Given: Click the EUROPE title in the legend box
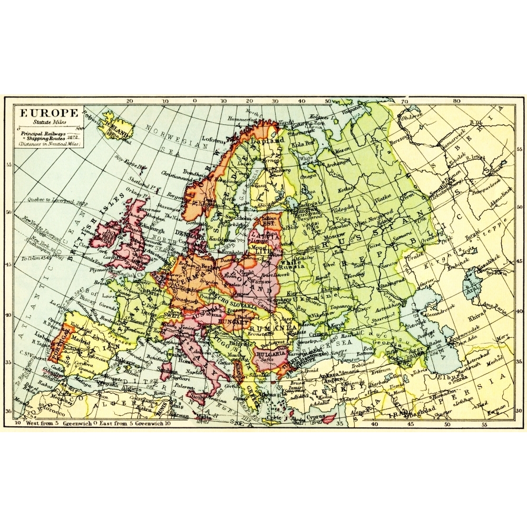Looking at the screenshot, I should pos(49,112).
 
